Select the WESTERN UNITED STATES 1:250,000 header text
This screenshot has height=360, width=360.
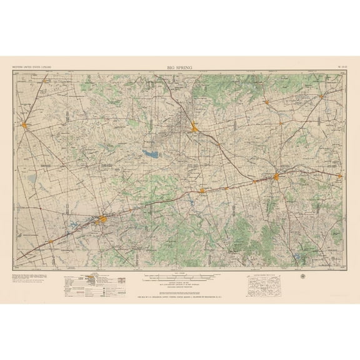pyautogui.click(x=29, y=66)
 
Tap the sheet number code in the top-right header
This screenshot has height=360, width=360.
pyautogui.click(x=340, y=66)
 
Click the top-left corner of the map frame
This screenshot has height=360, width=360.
pyautogui.click(x=14, y=72)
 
